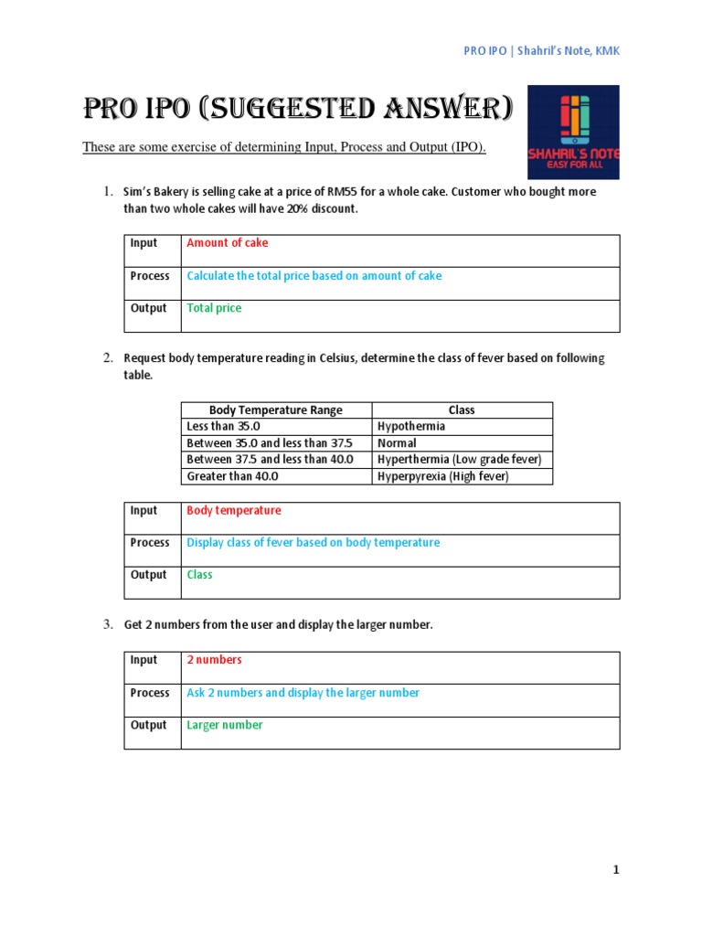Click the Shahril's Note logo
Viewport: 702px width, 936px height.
(x=573, y=132)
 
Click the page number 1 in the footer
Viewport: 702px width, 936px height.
(x=616, y=871)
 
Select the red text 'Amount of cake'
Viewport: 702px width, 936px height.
(x=227, y=243)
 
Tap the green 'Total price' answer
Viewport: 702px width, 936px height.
(x=214, y=308)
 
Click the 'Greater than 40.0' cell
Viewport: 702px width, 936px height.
(x=232, y=476)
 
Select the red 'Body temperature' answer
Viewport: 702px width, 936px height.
(x=233, y=511)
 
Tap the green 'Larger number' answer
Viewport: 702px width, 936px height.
(x=224, y=725)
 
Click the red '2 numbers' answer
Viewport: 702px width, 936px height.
(x=214, y=660)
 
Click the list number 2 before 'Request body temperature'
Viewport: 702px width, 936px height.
(x=107, y=358)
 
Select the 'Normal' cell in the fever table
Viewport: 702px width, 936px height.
(x=398, y=443)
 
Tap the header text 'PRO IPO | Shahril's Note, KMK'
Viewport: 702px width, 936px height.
(x=541, y=51)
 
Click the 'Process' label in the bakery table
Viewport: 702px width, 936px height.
(x=150, y=276)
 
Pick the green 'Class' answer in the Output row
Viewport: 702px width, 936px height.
(x=199, y=575)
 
